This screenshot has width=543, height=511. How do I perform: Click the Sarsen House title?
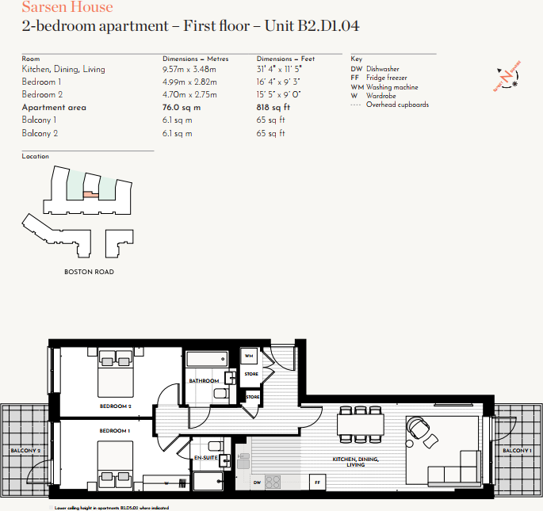(x=67, y=8)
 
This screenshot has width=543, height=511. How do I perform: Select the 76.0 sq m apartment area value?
(x=182, y=108)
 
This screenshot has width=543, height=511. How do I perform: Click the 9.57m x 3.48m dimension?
(x=189, y=70)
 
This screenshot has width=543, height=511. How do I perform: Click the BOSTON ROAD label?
(x=89, y=272)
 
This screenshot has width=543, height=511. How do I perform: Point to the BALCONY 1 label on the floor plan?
(x=517, y=451)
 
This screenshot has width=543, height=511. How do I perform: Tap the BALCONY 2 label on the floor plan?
(x=25, y=451)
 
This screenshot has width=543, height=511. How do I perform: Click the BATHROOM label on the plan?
(x=204, y=381)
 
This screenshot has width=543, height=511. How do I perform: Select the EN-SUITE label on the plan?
(x=205, y=457)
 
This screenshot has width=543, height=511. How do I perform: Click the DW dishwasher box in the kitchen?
(x=257, y=482)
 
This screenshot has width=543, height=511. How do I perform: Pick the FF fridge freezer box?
(x=317, y=482)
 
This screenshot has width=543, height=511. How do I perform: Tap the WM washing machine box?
(x=250, y=356)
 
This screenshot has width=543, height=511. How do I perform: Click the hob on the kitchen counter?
(x=273, y=481)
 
